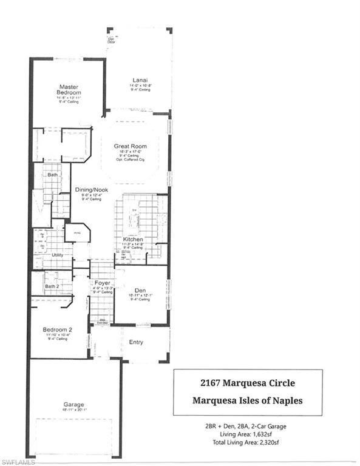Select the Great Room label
coord(131,146)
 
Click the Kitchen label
coord(133,240)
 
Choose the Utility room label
coord(58,255)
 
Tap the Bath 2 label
coord(52,286)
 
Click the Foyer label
coord(101,283)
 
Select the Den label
coord(140,290)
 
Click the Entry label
coord(136,342)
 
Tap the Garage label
coord(73,404)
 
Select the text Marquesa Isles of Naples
coord(247,400)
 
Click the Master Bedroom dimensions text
coord(69,98)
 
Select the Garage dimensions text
coord(73,410)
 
